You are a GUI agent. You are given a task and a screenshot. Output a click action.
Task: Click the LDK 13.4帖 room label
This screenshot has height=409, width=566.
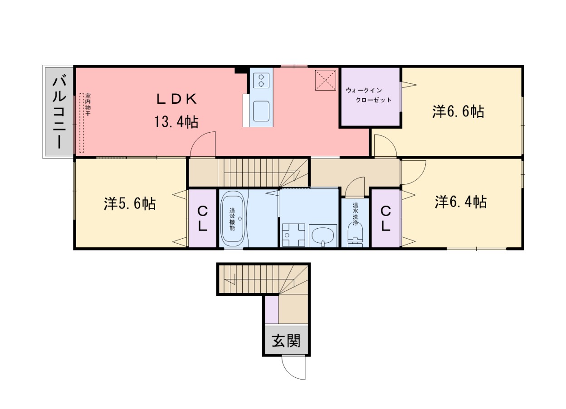point(176,111)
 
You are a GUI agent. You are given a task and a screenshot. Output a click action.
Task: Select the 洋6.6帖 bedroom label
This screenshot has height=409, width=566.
point(458,112)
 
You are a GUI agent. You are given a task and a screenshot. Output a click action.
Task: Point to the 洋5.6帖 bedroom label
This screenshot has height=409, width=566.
point(130,204)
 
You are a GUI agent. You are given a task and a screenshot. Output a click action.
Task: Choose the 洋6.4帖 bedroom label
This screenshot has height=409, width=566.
point(461,202)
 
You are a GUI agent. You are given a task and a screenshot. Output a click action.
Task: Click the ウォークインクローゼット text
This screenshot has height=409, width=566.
point(368,95)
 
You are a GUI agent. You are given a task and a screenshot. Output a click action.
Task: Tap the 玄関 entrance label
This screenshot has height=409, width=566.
point(286,341)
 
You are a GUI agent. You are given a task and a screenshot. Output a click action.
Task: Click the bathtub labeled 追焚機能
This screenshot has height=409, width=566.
point(233,219)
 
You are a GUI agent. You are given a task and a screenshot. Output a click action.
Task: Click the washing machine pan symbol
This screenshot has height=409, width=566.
point(293,235)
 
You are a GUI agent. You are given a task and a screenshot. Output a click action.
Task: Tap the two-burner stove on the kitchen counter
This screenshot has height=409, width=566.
point(261,81)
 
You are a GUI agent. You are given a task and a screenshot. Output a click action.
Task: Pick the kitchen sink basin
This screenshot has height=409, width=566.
point(261,111)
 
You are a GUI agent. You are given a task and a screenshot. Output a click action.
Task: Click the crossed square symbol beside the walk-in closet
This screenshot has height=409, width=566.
point(326,80)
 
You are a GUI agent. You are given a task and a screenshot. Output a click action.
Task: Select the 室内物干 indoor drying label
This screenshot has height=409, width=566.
point(88,105)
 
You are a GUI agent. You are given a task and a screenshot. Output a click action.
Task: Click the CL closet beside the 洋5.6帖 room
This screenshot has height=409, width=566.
point(202,218)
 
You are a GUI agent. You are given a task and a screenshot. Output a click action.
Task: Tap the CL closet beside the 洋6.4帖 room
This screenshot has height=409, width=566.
point(385,218)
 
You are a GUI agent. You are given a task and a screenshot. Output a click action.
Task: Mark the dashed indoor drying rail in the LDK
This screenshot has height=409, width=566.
point(81,123)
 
